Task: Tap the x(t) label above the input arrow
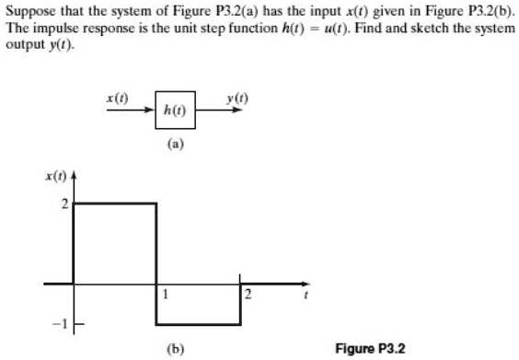[x=117, y=97]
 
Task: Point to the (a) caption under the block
[x=174, y=145]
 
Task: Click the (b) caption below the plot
[x=174, y=348]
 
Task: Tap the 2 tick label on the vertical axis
[x=64, y=203]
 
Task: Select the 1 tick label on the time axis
[x=165, y=295]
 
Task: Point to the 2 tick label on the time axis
[x=248, y=295]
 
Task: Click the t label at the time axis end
[x=306, y=296]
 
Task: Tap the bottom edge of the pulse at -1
[x=199, y=323]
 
